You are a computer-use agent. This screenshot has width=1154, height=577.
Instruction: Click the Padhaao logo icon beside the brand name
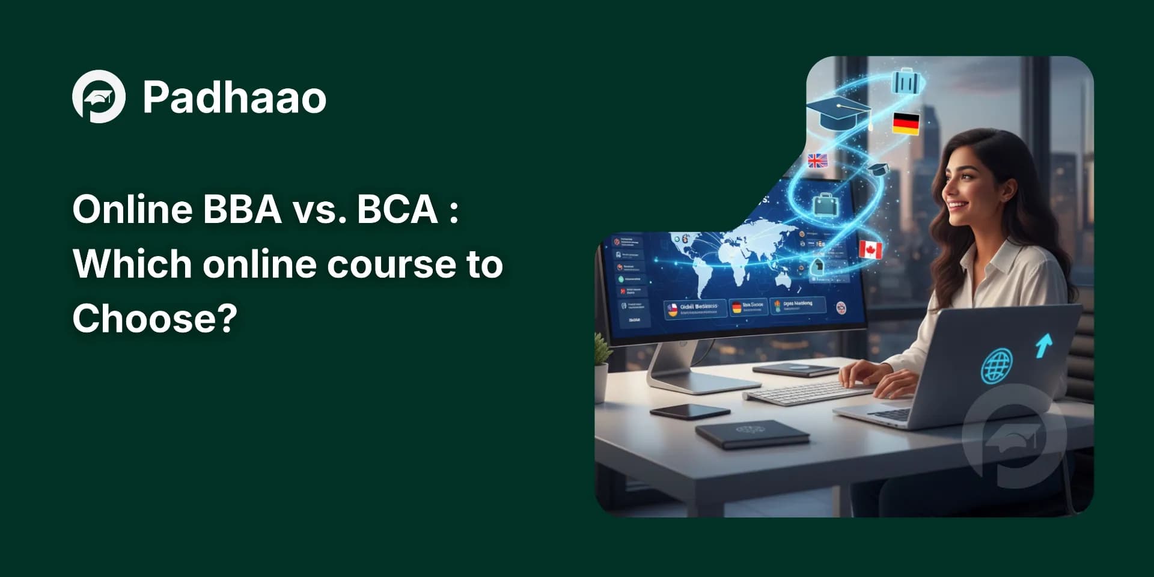click(x=99, y=97)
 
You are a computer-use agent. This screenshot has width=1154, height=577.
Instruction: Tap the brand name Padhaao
click(x=234, y=97)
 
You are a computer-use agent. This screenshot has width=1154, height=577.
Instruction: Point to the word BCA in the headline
click(x=397, y=209)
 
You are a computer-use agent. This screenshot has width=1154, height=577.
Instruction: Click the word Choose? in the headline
click(x=155, y=318)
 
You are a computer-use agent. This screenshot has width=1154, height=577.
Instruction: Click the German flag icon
click(x=905, y=123)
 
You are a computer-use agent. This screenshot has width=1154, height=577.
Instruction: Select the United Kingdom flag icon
click(x=817, y=160)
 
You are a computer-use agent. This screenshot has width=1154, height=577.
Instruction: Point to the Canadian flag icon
click(x=870, y=249)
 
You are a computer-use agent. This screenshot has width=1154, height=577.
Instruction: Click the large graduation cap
click(x=838, y=113)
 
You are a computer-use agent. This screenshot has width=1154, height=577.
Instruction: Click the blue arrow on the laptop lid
click(x=1044, y=345)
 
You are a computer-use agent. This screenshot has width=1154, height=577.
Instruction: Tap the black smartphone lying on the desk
click(x=689, y=411)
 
